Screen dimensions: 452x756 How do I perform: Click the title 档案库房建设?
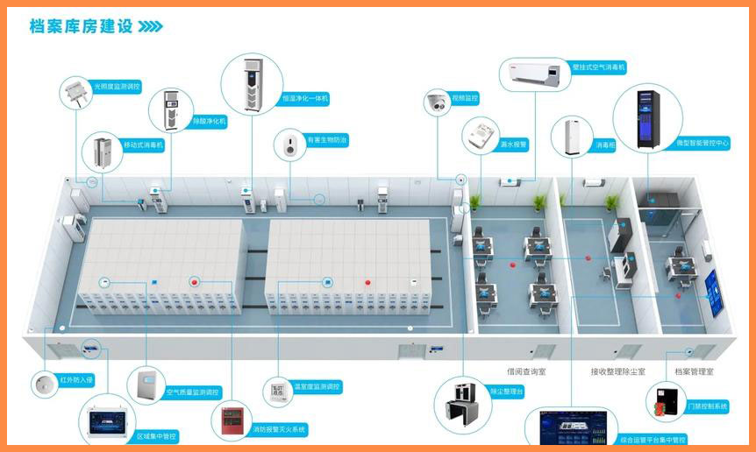click(81, 26)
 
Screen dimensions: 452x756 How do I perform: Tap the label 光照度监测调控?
click(117, 87)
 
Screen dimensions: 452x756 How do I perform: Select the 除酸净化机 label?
click(210, 121)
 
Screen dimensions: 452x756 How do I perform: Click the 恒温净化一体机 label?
click(305, 99)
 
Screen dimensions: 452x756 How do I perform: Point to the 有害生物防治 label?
click(326, 139)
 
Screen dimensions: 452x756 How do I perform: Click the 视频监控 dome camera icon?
click(437, 103)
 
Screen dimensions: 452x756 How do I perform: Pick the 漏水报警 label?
click(513, 144)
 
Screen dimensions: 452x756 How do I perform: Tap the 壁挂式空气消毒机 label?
click(598, 67)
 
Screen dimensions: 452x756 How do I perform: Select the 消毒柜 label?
click(606, 144)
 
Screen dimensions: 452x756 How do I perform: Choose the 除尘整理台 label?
click(507, 391)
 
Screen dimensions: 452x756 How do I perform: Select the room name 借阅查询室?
click(526, 371)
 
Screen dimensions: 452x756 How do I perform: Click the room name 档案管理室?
click(693, 371)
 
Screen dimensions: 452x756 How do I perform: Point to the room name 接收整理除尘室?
click(617, 371)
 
